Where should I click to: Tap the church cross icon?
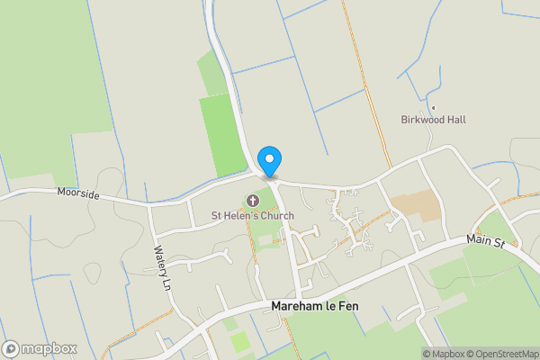point(253,201)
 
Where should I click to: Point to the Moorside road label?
point(76,193)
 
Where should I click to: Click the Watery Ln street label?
point(161,268)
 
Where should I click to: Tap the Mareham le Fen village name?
point(319,307)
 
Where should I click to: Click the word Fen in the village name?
point(359,307)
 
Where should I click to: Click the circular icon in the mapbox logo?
point(12,347)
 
